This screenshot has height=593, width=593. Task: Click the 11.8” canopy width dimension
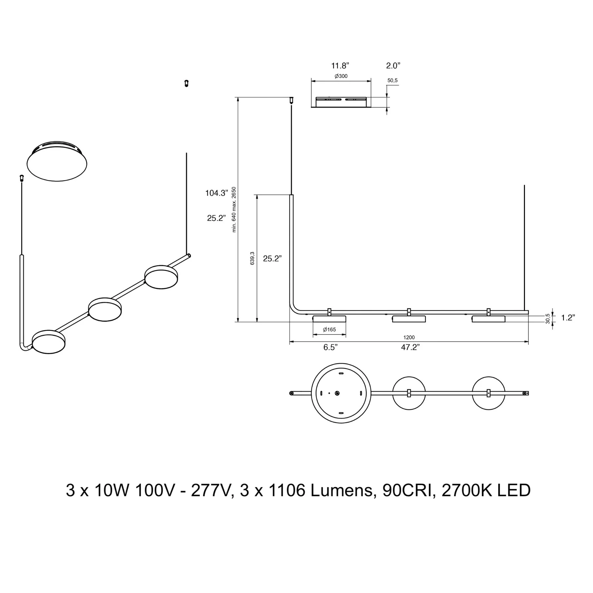click(x=340, y=66)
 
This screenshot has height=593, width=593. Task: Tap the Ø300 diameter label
click(x=341, y=76)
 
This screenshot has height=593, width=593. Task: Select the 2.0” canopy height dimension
click(x=393, y=66)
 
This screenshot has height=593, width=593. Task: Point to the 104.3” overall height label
click(x=216, y=193)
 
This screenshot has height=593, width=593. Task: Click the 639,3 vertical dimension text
click(x=252, y=258)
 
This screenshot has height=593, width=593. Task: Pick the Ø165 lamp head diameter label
click(x=329, y=330)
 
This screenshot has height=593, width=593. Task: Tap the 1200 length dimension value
click(x=409, y=337)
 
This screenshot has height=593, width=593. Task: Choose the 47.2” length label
click(x=410, y=348)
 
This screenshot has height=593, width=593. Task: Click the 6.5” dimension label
click(x=330, y=348)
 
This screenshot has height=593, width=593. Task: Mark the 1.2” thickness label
click(x=568, y=317)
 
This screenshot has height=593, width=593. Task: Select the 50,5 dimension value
click(x=392, y=81)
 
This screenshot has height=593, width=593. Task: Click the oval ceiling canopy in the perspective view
click(x=57, y=161)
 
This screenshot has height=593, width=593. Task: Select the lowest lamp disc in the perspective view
click(x=49, y=342)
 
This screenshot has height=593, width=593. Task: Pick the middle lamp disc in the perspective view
click(x=105, y=310)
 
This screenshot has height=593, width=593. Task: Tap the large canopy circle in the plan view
click(x=341, y=393)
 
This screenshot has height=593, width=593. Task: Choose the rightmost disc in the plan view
click(x=489, y=393)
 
